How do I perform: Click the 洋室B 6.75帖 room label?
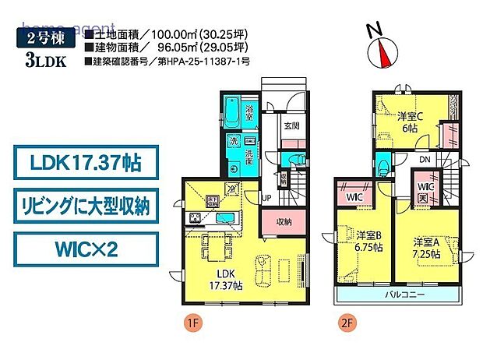[x=368, y=240]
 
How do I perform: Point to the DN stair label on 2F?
[x=424, y=161]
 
